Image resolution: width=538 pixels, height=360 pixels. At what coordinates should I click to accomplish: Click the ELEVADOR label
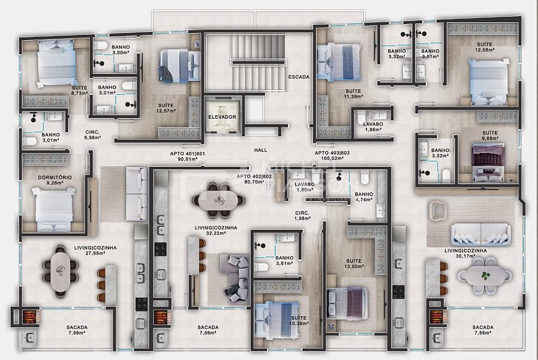(x=222, y=116)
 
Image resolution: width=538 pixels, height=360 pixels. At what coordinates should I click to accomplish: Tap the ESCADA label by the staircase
(x=298, y=77)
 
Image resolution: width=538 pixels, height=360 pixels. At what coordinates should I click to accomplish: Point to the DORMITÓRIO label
(x=55, y=178)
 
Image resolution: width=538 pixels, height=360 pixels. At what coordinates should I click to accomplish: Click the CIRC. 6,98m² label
(x=92, y=134)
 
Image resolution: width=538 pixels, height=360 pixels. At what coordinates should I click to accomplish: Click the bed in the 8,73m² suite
(x=55, y=63)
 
